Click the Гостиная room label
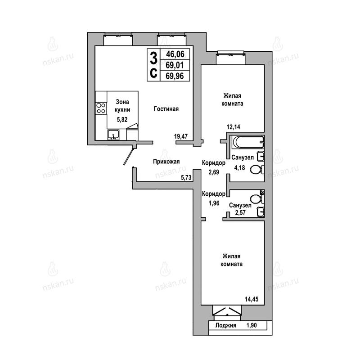pyautogui.click(x=166, y=109)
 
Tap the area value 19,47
pyautogui.click(x=181, y=136)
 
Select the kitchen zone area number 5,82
pyautogui.click(x=122, y=119)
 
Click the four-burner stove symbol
pyautogui.click(x=101, y=108)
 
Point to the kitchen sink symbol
pyautogui.click(x=113, y=135)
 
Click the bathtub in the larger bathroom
pyautogui.click(x=248, y=142)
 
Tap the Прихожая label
pyautogui.click(x=166, y=162)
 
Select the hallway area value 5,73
pyautogui.click(x=186, y=177)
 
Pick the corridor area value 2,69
pyautogui.click(x=214, y=172)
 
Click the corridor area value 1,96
pyautogui.click(x=214, y=203)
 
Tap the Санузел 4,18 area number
pyautogui.click(x=239, y=168)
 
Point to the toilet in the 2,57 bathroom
pyautogui.click(x=256, y=199)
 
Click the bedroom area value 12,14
pyautogui.click(x=234, y=127)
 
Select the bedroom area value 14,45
pyautogui.click(x=252, y=299)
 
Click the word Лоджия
pyautogui.click(x=226, y=325)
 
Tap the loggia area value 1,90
pyautogui.click(x=252, y=325)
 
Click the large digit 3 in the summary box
pyautogui.click(x=153, y=58)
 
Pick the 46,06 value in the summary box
pyautogui.click(x=175, y=54)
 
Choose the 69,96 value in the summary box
pyautogui.click(x=175, y=76)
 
